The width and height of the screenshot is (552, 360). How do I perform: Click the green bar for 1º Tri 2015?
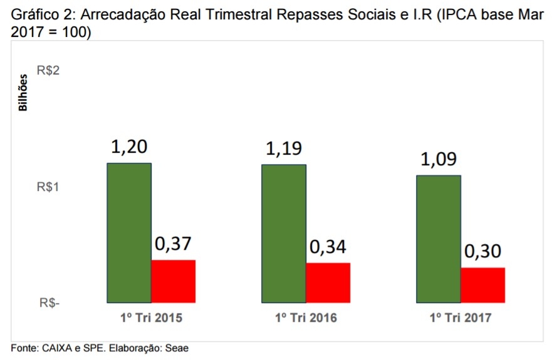point(129,233)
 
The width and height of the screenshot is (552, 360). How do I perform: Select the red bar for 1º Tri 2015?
point(174,281)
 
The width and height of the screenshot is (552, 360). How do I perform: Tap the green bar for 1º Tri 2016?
point(284,234)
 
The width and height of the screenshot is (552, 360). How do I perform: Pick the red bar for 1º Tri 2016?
point(328,283)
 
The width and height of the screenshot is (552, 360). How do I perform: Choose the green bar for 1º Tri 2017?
point(439,239)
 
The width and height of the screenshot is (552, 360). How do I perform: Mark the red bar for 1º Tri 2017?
point(482,285)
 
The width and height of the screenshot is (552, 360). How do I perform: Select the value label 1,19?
point(284,150)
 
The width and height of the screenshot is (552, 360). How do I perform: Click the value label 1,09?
point(439,160)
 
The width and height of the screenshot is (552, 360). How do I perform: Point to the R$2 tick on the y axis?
point(48,71)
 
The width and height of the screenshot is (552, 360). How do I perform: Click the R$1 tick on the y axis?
point(48,187)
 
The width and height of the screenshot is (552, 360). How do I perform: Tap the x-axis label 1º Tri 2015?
point(152,318)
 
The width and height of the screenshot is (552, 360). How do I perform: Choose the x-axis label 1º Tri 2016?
point(306,318)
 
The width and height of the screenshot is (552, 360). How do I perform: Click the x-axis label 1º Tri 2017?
point(461,318)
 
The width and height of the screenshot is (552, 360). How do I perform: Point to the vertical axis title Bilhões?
point(23,93)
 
